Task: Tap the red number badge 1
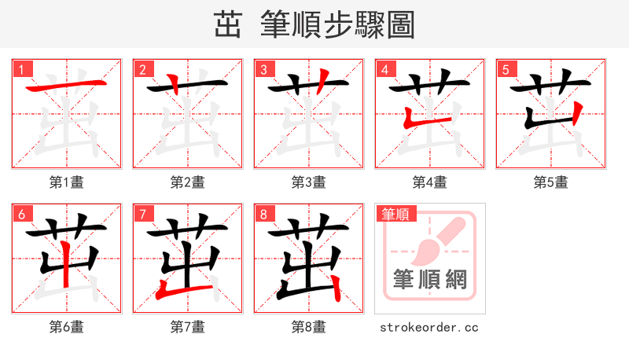[21, 69]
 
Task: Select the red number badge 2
[142, 69]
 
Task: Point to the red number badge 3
[263, 69]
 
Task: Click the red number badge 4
[384, 69]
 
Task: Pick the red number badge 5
[506, 69]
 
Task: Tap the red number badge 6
[21, 214]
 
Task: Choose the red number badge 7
[142, 214]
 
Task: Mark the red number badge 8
[263, 214]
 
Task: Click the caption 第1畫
[66, 182]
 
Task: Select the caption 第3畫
[308, 182]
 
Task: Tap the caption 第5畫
[550, 182]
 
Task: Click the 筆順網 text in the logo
[430, 279]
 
